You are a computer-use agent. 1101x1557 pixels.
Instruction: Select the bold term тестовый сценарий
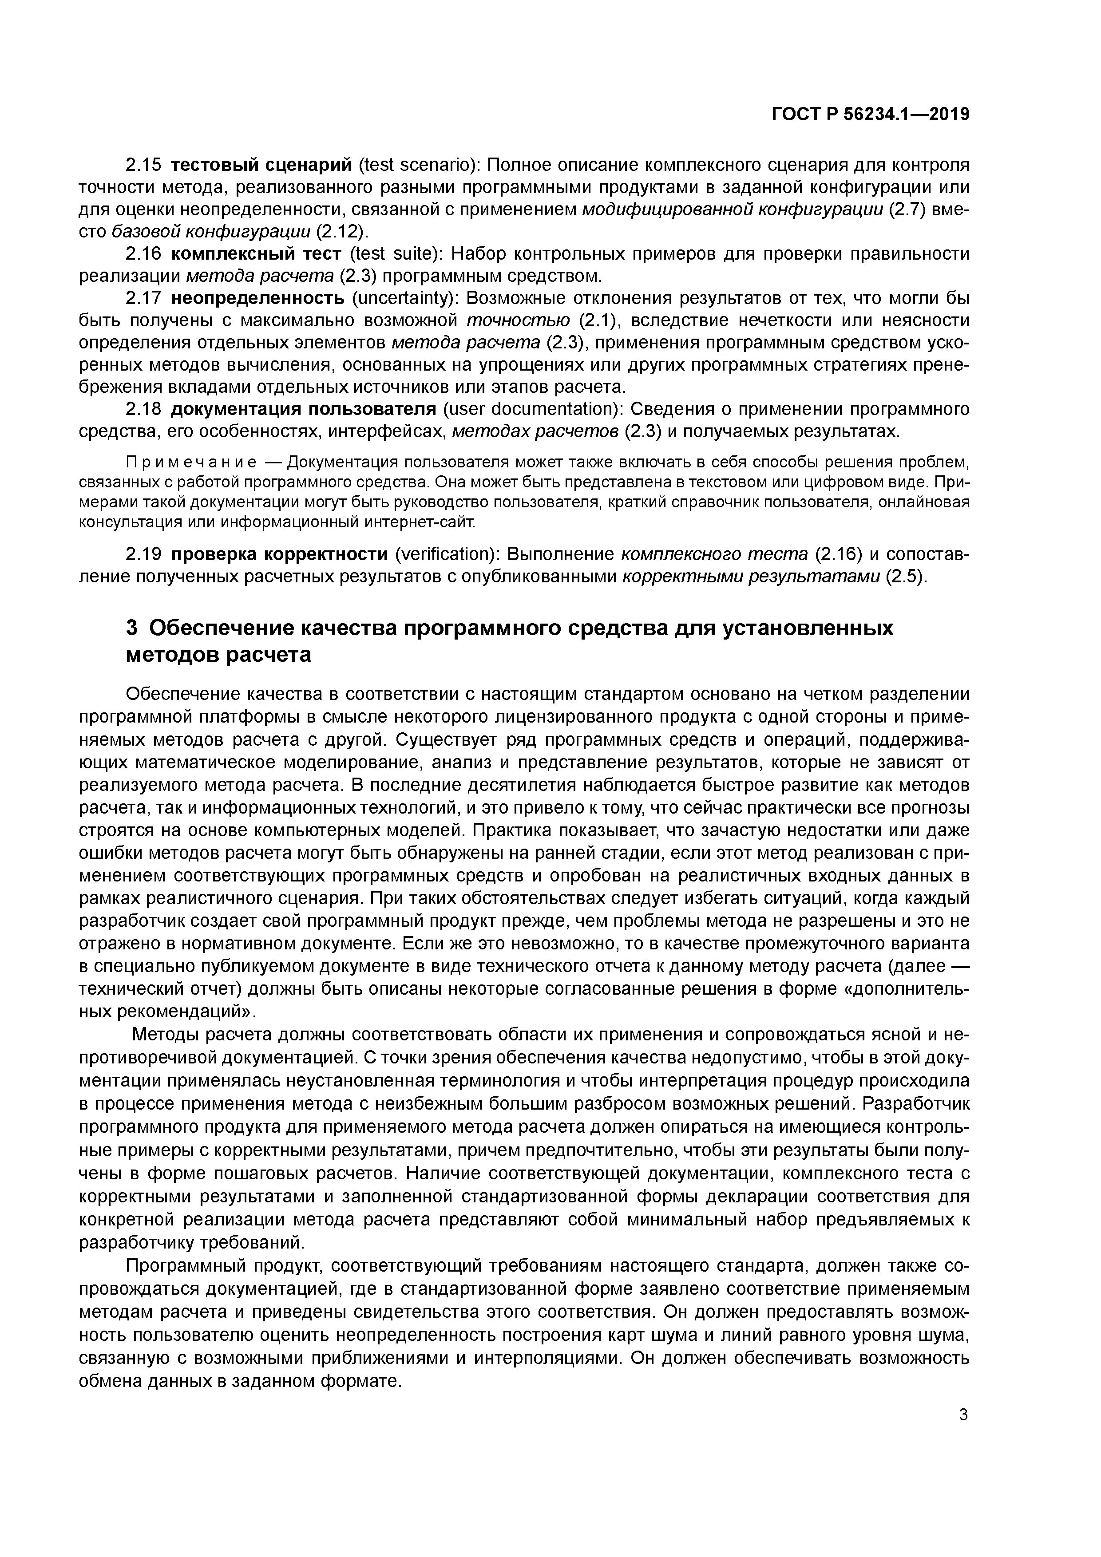point(261,165)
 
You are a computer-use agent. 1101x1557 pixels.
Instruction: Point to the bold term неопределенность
point(258,298)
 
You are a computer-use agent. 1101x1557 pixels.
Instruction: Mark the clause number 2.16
point(144,253)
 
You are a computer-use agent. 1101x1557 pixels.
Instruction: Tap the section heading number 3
point(132,628)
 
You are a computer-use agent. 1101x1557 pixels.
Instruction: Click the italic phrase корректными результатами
point(752,577)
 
